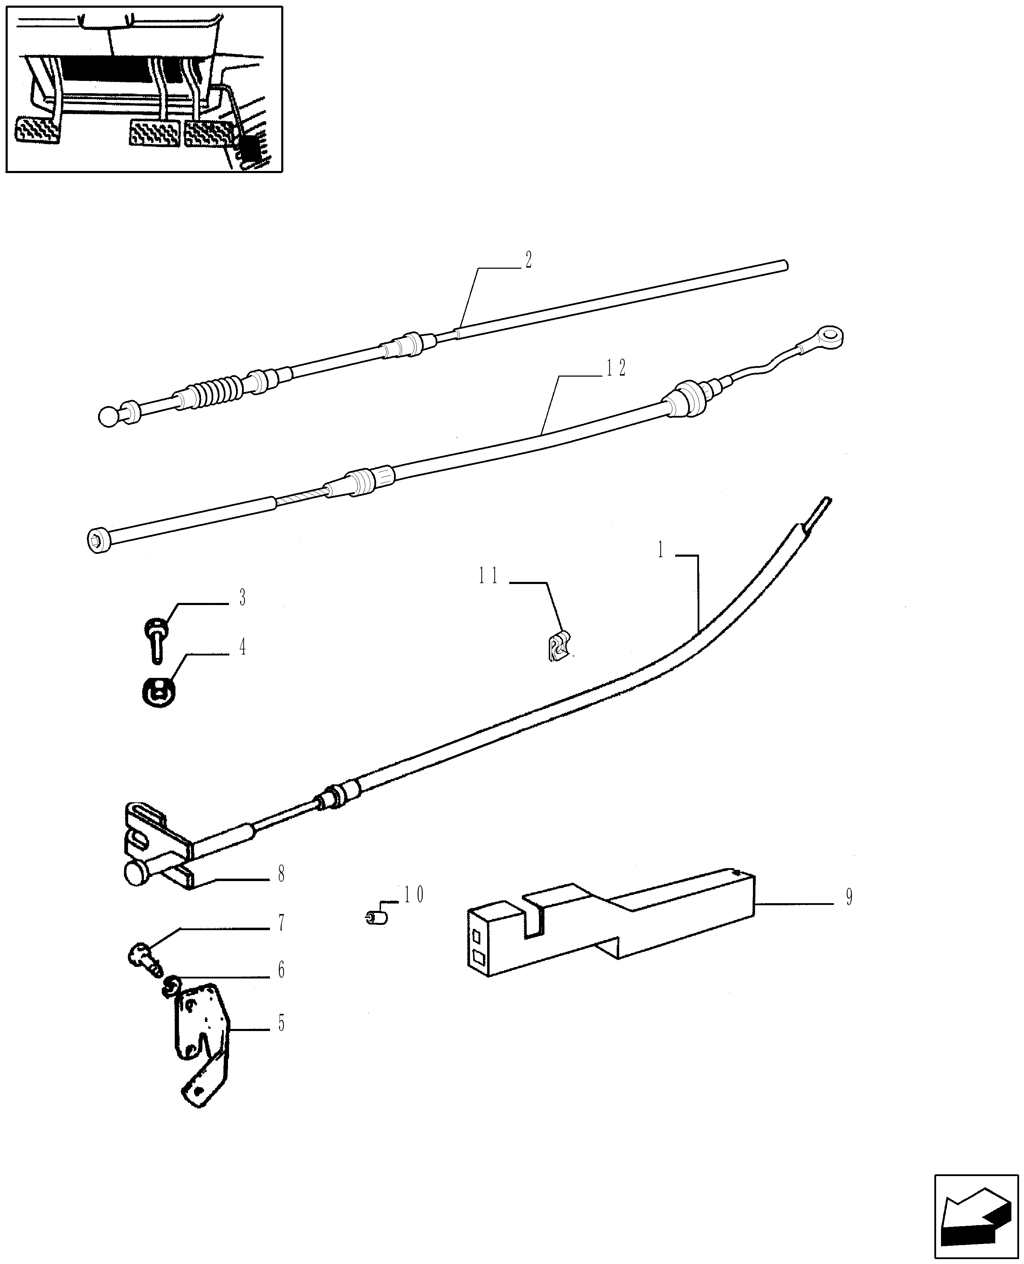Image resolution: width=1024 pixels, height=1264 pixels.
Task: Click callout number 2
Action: pos(528,260)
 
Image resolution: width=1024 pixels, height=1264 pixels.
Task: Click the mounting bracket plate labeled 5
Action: pos(199,1039)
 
